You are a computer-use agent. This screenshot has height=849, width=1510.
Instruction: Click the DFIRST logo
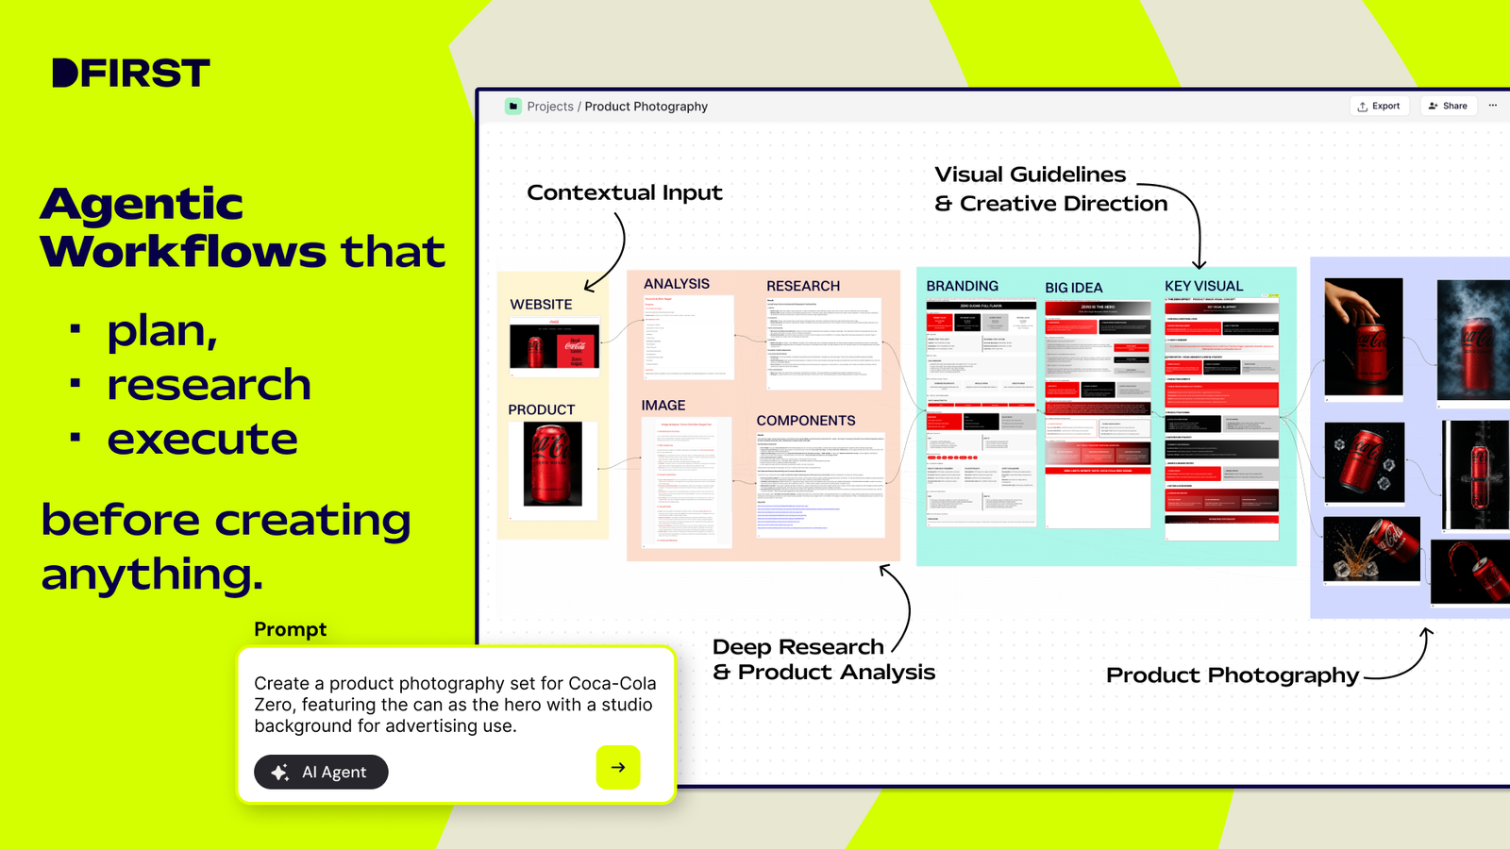click(x=130, y=73)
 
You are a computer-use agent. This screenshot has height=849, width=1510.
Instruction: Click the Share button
click(x=1448, y=106)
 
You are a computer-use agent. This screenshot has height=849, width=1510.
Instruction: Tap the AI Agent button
click(x=321, y=772)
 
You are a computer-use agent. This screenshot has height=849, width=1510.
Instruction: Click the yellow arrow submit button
click(x=618, y=767)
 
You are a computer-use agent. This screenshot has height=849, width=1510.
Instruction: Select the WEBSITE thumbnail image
click(x=554, y=346)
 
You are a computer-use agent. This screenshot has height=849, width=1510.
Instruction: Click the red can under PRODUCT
click(x=553, y=464)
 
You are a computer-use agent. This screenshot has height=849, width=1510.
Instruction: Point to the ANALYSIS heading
click(x=677, y=284)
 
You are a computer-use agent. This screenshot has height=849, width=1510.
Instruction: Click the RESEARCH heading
click(x=803, y=286)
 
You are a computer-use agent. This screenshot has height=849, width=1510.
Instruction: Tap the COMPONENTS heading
click(x=806, y=421)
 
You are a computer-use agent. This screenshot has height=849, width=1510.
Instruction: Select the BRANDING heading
click(x=962, y=286)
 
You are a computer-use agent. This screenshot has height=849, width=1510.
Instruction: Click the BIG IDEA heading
click(x=1073, y=288)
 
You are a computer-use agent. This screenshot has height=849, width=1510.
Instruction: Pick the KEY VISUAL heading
click(x=1203, y=286)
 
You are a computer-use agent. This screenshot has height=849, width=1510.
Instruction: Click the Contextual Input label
click(x=624, y=192)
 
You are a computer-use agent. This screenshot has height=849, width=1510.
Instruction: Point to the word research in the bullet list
click(x=209, y=385)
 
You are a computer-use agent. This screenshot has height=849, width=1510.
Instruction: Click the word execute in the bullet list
click(x=202, y=439)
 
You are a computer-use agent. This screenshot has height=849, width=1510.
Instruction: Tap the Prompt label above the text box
click(x=290, y=629)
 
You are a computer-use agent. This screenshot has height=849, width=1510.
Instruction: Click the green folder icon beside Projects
click(x=513, y=107)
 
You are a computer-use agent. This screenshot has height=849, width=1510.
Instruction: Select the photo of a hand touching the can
click(x=1363, y=336)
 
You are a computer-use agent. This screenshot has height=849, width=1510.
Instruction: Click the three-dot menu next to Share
click(x=1493, y=106)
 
